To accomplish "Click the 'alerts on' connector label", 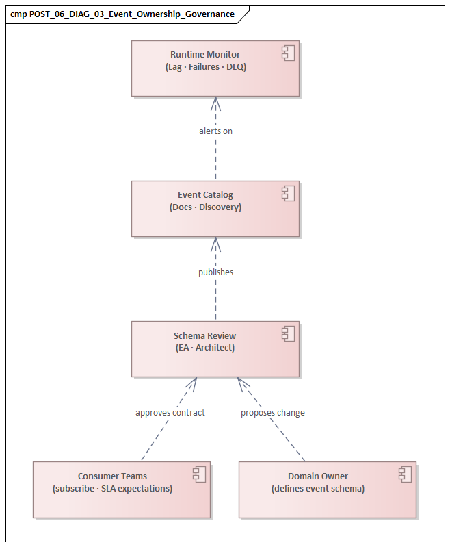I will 215,131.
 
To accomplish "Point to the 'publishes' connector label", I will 215,272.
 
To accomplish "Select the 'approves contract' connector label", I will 170,413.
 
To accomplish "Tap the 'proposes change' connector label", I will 272,413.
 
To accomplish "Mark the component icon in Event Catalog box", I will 288,193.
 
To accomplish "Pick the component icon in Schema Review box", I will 288,334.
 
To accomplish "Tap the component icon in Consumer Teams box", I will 199,474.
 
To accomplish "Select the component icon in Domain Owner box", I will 405,474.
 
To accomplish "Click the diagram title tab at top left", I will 123,14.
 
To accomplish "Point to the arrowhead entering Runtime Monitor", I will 215,102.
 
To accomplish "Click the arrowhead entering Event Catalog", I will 215,243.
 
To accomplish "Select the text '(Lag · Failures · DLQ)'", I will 205,66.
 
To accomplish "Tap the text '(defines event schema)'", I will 318,488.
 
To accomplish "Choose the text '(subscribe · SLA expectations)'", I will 112,488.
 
